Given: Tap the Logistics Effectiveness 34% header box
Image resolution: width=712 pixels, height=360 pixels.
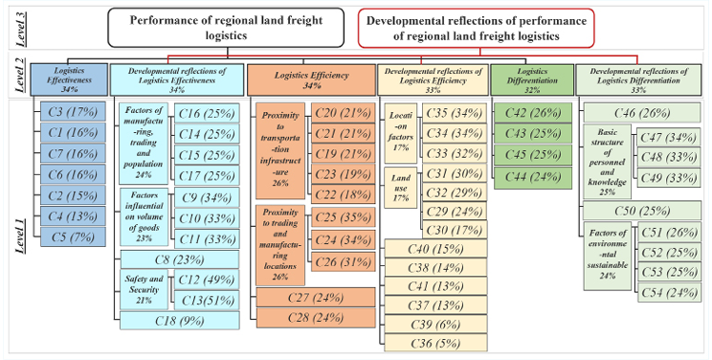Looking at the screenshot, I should point(69,78).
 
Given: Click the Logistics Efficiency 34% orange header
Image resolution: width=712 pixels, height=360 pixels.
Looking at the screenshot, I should point(311,78).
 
